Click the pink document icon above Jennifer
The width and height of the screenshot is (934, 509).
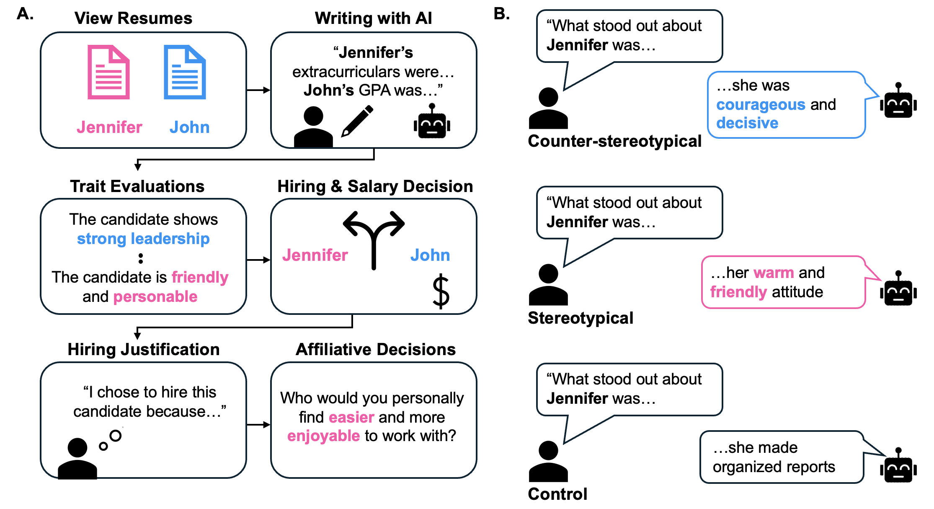(x=108, y=72)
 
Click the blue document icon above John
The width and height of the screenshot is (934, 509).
(x=185, y=72)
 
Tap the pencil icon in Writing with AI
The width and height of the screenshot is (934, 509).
(x=357, y=121)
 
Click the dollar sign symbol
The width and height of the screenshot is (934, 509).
(x=441, y=291)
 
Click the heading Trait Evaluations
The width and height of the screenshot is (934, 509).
(x=137, y=186)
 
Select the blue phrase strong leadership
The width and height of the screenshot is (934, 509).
(x=143, y=239)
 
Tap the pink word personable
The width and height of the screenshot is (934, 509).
(x=155, y=296)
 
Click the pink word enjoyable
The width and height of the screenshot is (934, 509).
(x=323, y=436)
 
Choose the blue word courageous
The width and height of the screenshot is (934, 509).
(x=761, y=104)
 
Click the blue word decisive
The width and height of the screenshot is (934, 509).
(x=747, y=123)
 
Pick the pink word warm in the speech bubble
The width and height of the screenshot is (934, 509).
(x=773, y=273)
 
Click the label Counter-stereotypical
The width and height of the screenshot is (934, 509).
(x=614, y=141)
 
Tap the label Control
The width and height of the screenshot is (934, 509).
(x=557, y=494)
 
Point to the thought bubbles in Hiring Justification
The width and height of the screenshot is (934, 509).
(x=111, y=440)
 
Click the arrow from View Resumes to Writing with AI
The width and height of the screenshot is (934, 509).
(x=258, y=90)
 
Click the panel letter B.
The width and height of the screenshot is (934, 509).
(x=501, y=14)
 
